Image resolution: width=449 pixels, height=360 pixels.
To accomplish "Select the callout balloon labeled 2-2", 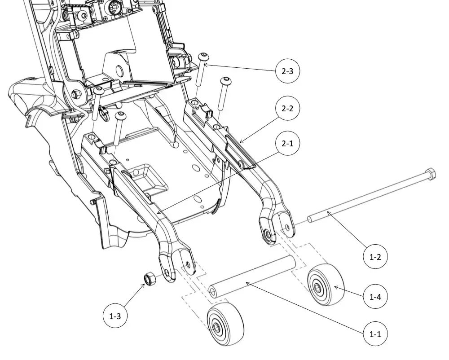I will [287, 108].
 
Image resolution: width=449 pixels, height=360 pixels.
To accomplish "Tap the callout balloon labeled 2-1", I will [287, 143].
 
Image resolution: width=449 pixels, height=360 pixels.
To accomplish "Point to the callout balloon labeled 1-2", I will [375, 257].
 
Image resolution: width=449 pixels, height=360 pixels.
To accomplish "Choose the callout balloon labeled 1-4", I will [375, 296].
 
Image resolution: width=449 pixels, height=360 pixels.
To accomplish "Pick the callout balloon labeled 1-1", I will [375, 334].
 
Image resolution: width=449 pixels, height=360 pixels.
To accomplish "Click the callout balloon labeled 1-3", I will [115, 316].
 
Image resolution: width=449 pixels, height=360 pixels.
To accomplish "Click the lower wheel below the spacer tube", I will [225, 326].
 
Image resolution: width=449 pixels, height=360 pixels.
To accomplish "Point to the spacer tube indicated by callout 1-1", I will [252, 277].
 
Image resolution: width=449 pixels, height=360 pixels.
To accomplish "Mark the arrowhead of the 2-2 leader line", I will [241, 142].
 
